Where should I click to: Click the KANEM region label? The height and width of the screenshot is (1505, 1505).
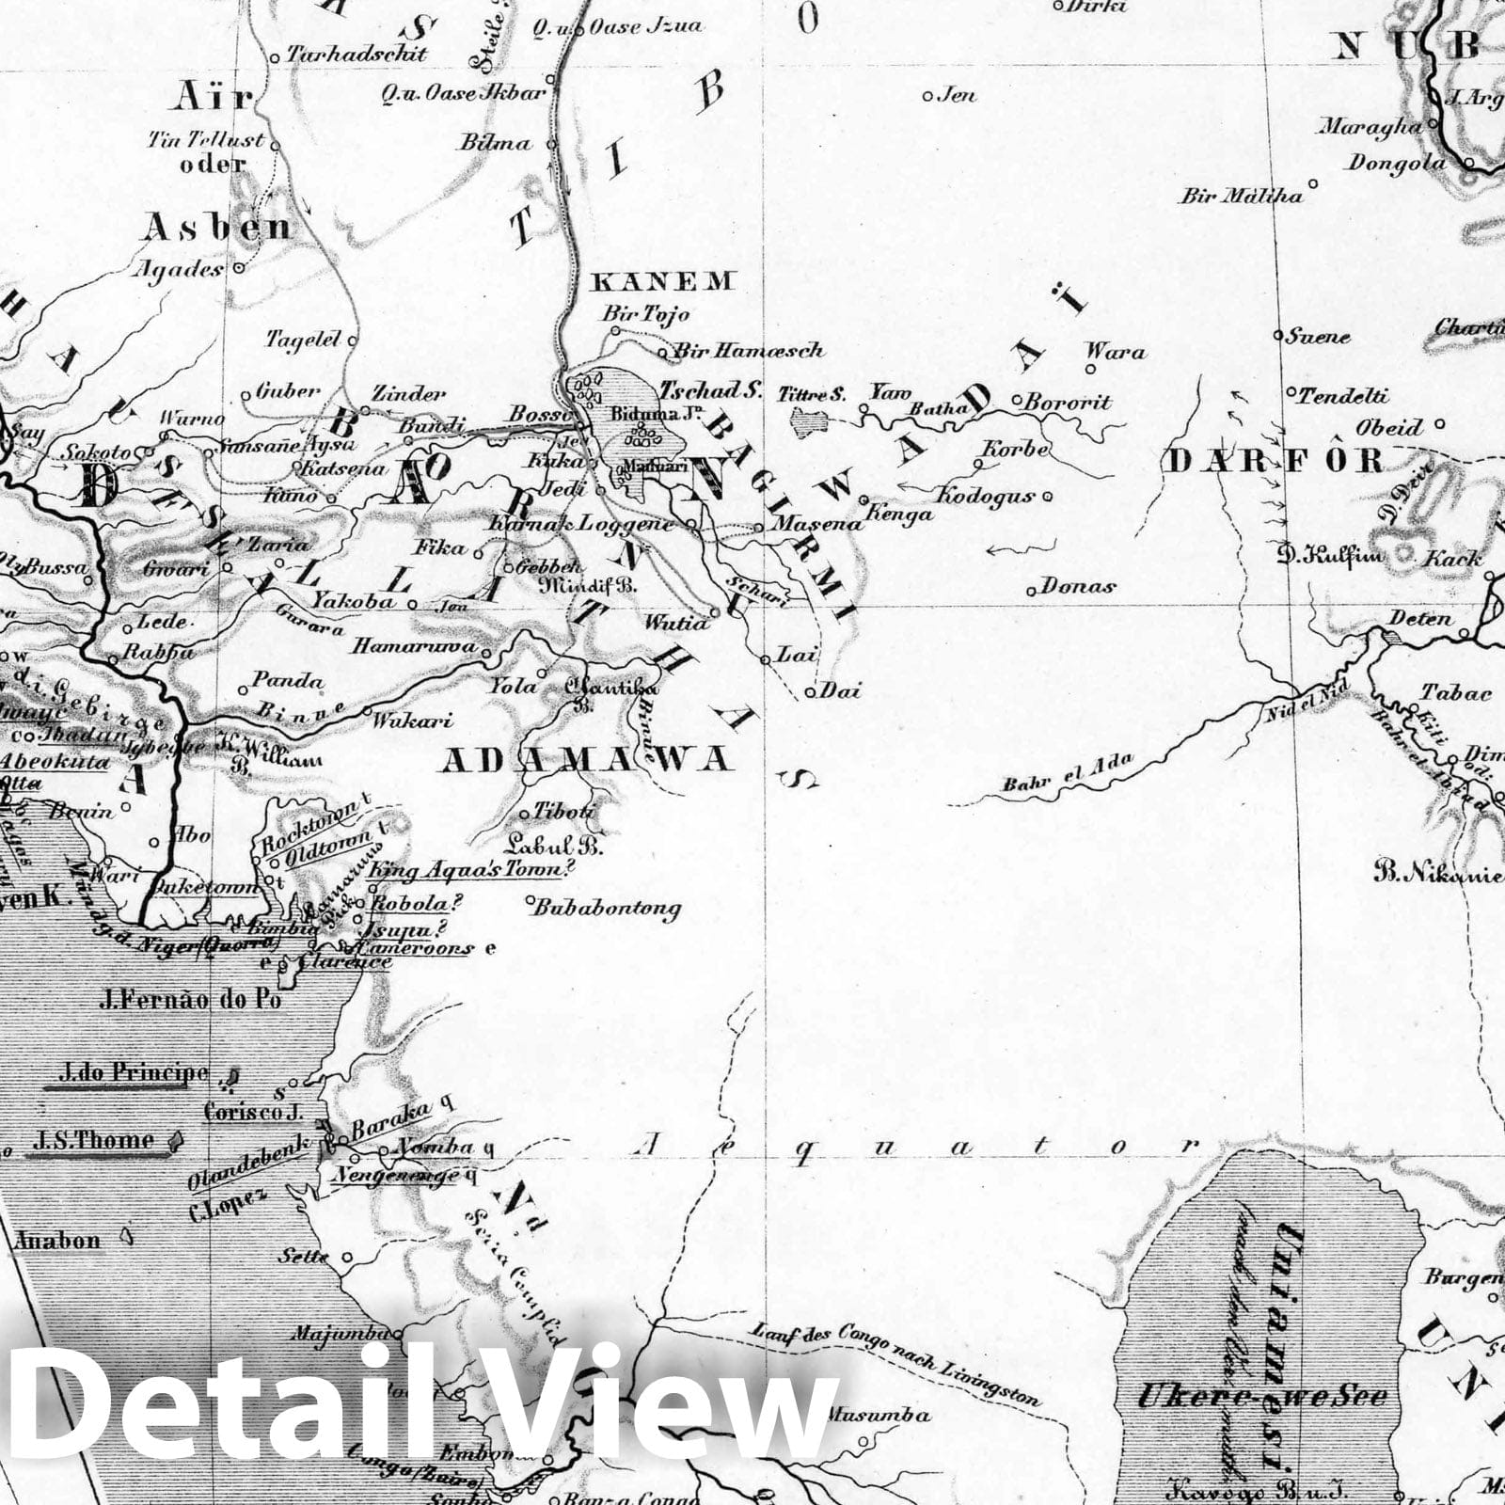662,280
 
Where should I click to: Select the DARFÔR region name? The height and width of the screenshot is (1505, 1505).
1275,461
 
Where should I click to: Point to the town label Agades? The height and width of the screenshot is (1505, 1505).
181,269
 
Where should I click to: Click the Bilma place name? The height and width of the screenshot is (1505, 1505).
495,144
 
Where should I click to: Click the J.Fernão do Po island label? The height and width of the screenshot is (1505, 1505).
190,999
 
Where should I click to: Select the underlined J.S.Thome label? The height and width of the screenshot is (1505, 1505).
92,1140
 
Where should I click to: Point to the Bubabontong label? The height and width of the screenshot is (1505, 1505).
607,908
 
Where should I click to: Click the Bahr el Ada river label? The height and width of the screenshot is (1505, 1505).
1068,773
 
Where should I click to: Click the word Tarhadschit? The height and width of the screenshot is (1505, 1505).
356,54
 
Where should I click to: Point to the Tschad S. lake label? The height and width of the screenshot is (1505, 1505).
710,390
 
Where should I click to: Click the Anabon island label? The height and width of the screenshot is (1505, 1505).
56,1241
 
